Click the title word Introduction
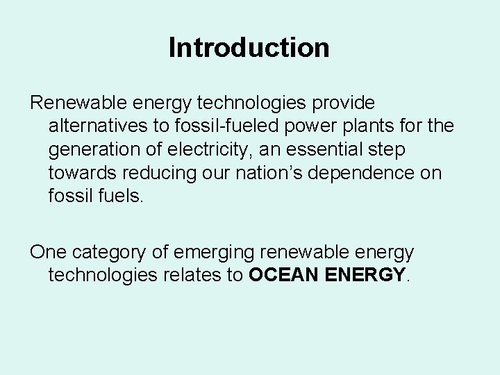[249, 48]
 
